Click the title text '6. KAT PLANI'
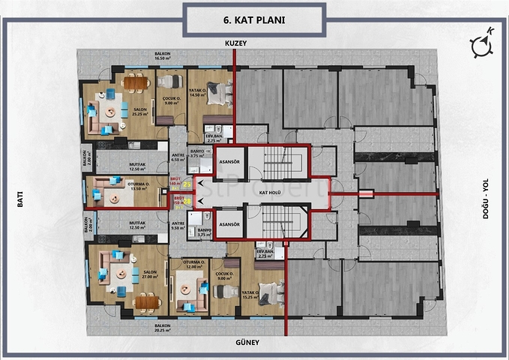click(254, 19)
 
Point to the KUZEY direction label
click(235, 44)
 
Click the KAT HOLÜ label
click(269, 193)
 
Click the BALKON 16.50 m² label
click(163, 56)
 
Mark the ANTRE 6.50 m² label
click(178, 157)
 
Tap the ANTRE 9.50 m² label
click(178, 225)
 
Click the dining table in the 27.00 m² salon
click(145, 301)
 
